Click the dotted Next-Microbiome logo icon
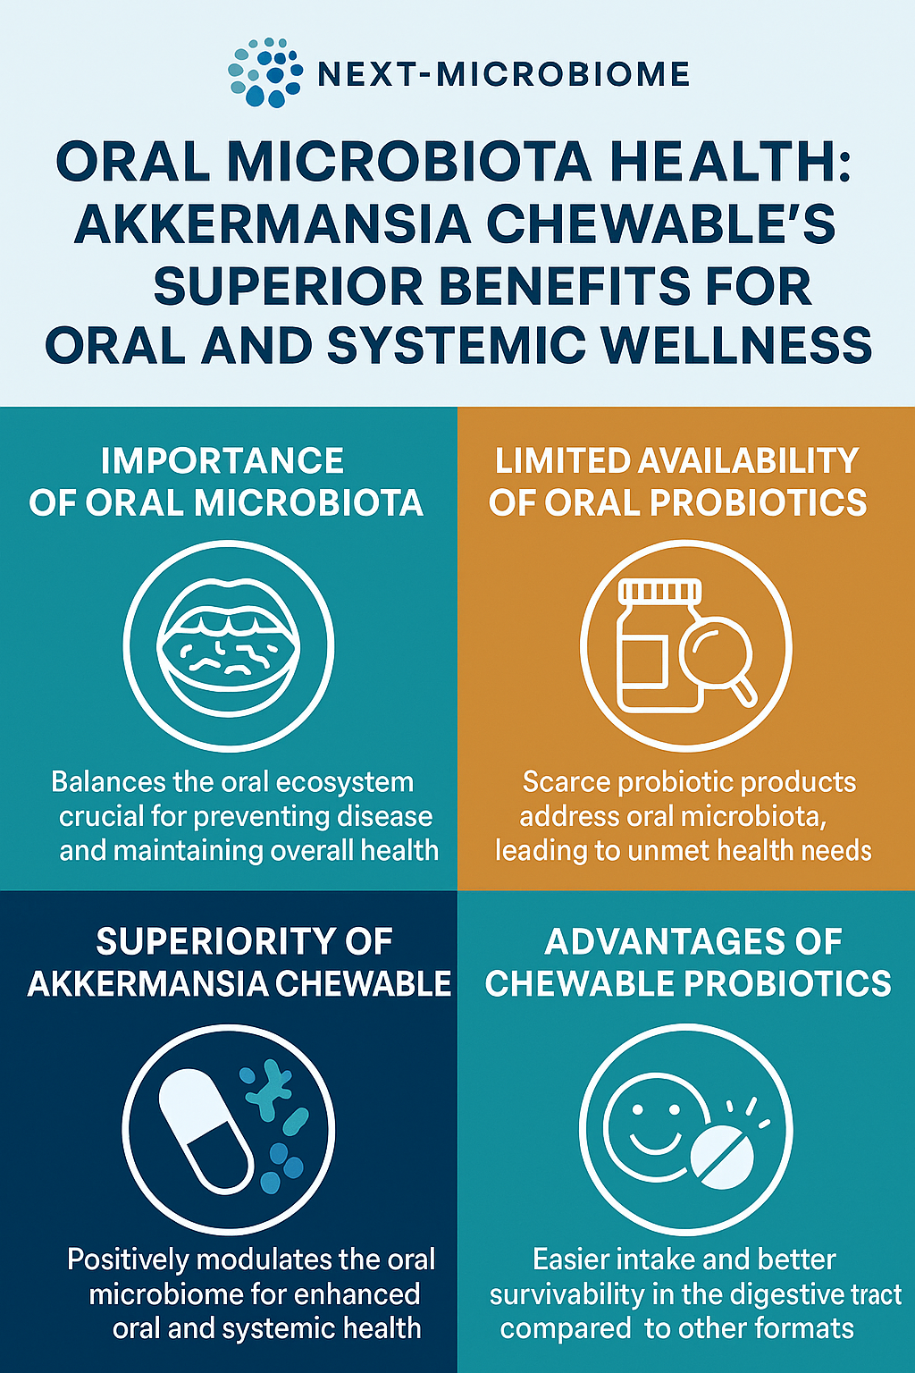pyautogui.click(x=265, y=73)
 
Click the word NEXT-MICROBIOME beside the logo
pyautogui.click(x=504, y=74)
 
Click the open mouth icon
pyautogui.click(x=229, y=646)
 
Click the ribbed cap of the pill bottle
pyautogui.click(x=659, y=591)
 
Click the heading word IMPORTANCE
pyautogui.click(x=222, y=460)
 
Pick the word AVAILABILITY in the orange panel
pyautogui.click(x=748, y=459)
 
